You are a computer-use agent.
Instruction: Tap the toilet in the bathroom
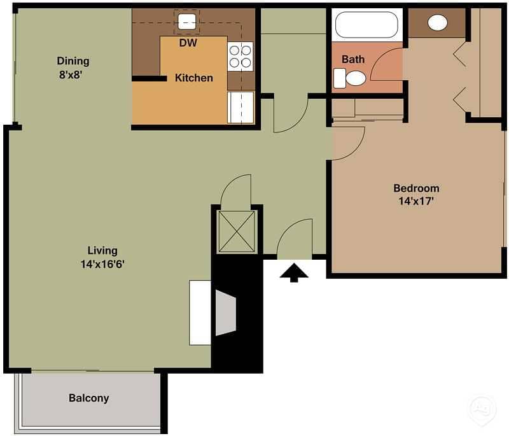click(x=351, y=78)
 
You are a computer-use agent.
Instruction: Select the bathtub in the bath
click(x=366, y=25)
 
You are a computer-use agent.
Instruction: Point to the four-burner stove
click(x=241, y=55)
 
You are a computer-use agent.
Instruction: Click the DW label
click(x=188, y=43)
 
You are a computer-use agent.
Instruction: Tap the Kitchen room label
click(x=194, y=78)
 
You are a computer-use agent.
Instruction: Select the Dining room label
click(x=73, y=61)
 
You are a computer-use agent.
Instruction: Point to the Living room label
click(x=102, y=251)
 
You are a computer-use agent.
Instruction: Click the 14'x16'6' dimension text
click(x=102, y=264)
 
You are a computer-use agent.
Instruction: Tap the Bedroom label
click(x=416, y=188)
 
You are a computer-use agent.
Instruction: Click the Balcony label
click(x=89, y=398)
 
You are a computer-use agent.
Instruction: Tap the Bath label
click(x=353, y=59)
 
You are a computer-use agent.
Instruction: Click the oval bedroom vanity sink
click(x=438, y=23)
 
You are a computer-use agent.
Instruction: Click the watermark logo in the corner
click(x=482, y=407)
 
